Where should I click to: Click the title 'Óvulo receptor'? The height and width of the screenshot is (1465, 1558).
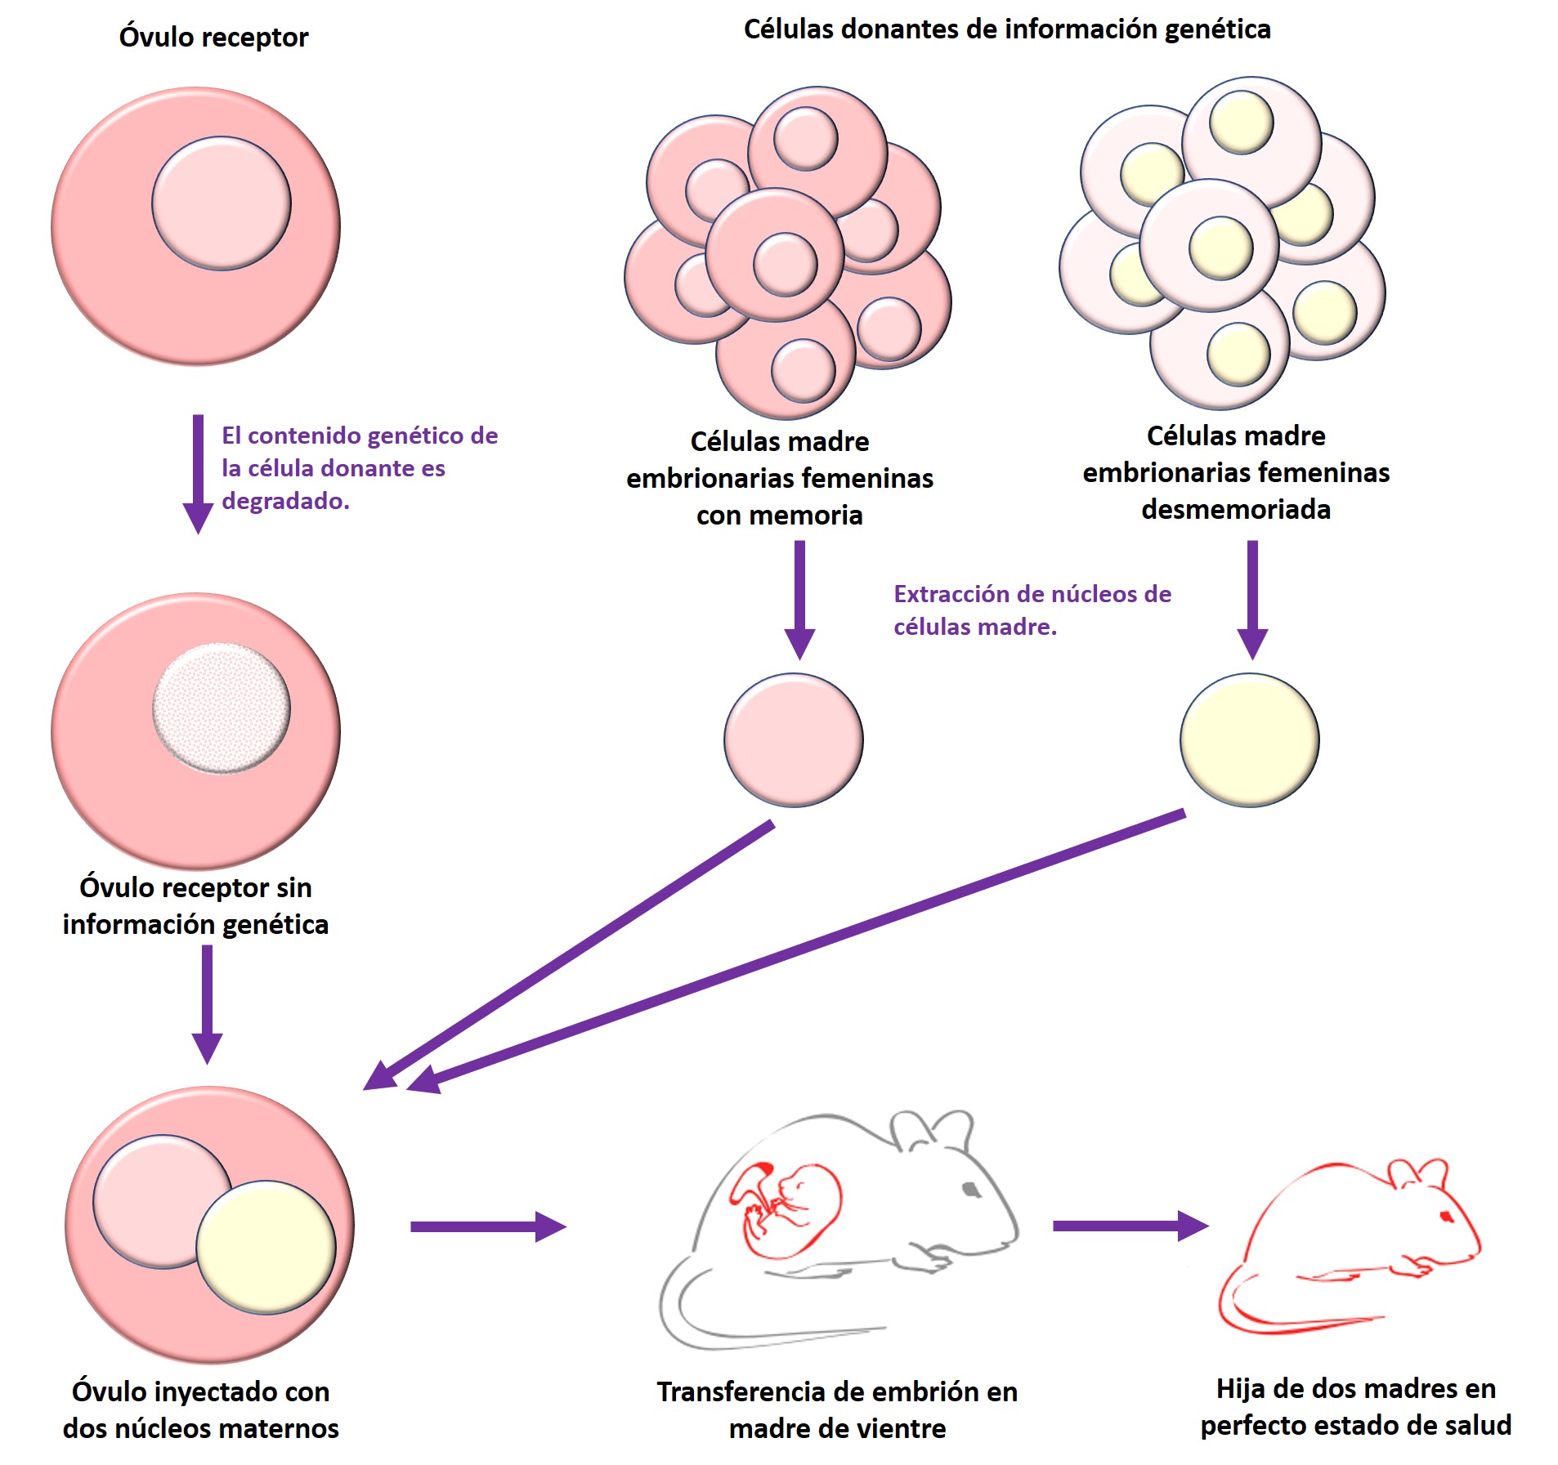[x=213, y=38]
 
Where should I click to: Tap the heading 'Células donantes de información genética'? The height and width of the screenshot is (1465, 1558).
[x=1006, y=29]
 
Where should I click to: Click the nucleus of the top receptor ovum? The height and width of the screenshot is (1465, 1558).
[x=221, y=203]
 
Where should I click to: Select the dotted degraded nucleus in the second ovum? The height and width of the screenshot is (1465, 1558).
[x=221, y=708]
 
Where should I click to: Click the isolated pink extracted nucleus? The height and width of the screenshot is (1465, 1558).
[x=793, y=739]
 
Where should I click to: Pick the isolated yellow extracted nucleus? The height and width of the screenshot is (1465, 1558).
[x=1249, y=739]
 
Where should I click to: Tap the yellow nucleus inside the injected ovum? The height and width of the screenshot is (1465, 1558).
[x=266, y=1247]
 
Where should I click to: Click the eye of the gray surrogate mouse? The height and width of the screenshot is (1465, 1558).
[x=970, y=1190]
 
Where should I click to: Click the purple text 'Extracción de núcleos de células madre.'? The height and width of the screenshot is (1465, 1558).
[x=1032, y=610]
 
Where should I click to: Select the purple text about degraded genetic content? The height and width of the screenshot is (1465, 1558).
[x=359, y=467]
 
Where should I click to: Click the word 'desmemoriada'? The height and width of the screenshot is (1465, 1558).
[x=1236, y=509]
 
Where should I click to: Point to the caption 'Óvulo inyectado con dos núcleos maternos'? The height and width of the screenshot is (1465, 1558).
[x=200, y=1409]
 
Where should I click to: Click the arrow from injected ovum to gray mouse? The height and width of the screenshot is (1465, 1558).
[x=487, y=1226]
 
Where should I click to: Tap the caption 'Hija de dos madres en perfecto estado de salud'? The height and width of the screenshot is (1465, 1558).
[x=1355, y=1406]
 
